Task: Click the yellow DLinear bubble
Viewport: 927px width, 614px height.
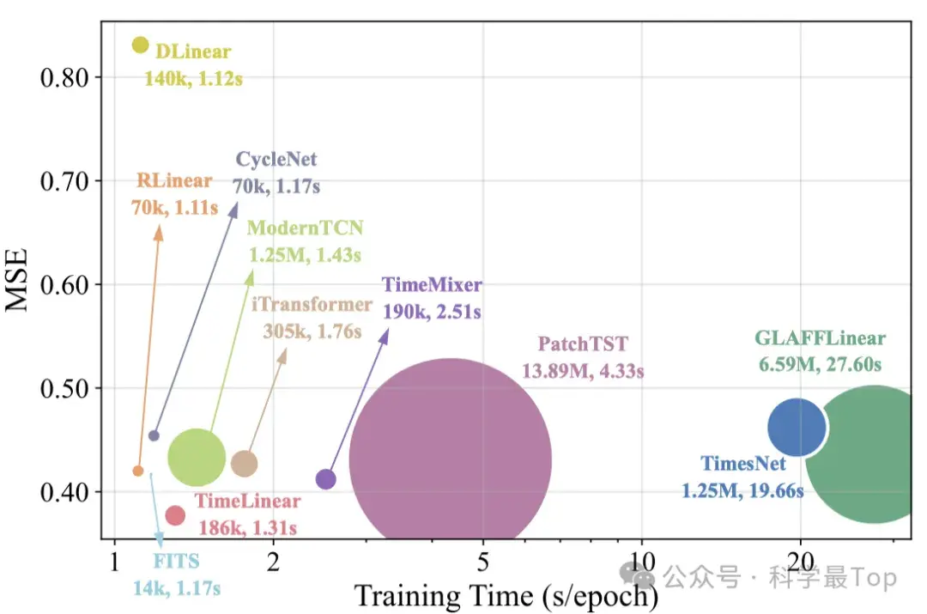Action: pyautogui.click(x=140, y=45)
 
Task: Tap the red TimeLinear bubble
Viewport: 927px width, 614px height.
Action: pyautogui.click(x=175, y=515)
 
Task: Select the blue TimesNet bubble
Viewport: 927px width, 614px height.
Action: pyautogui.click(x=797, y=428)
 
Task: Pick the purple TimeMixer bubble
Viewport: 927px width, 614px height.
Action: pyautogui.click(x=326, y=479)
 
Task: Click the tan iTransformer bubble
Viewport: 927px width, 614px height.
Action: pyautogui.click(x=245, y=463)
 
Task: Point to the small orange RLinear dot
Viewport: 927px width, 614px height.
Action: pyautogui.click(x=138, y=471)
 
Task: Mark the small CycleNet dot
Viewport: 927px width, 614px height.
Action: pyautogui.click(x=154, y=435)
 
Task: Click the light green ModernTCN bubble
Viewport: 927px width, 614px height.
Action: pyautogui.click(x=197, y=458)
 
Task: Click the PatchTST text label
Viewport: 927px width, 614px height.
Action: pyautogui.click(x=583, y=345)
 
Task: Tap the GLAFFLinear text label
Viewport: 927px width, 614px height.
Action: pyautogui.click(x=820, y=338)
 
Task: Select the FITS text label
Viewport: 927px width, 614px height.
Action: pyautogui.click(x=177, y=562)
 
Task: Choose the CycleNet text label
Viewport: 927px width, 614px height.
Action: pyautogui.click(x=276, y=160)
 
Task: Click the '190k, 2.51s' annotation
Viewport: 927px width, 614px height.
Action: pyautogui.click(x=432, y=312)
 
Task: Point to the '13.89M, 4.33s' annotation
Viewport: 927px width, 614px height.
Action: pyautogui.click(x=583, y=372)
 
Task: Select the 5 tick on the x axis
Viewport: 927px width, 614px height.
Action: pyautogui.click(x=483, y=563)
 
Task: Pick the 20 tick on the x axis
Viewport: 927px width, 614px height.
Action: pyautogui.click(x=801, y=563)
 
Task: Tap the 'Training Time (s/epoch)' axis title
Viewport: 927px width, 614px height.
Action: pyautogui.click(x=506, y=595)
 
